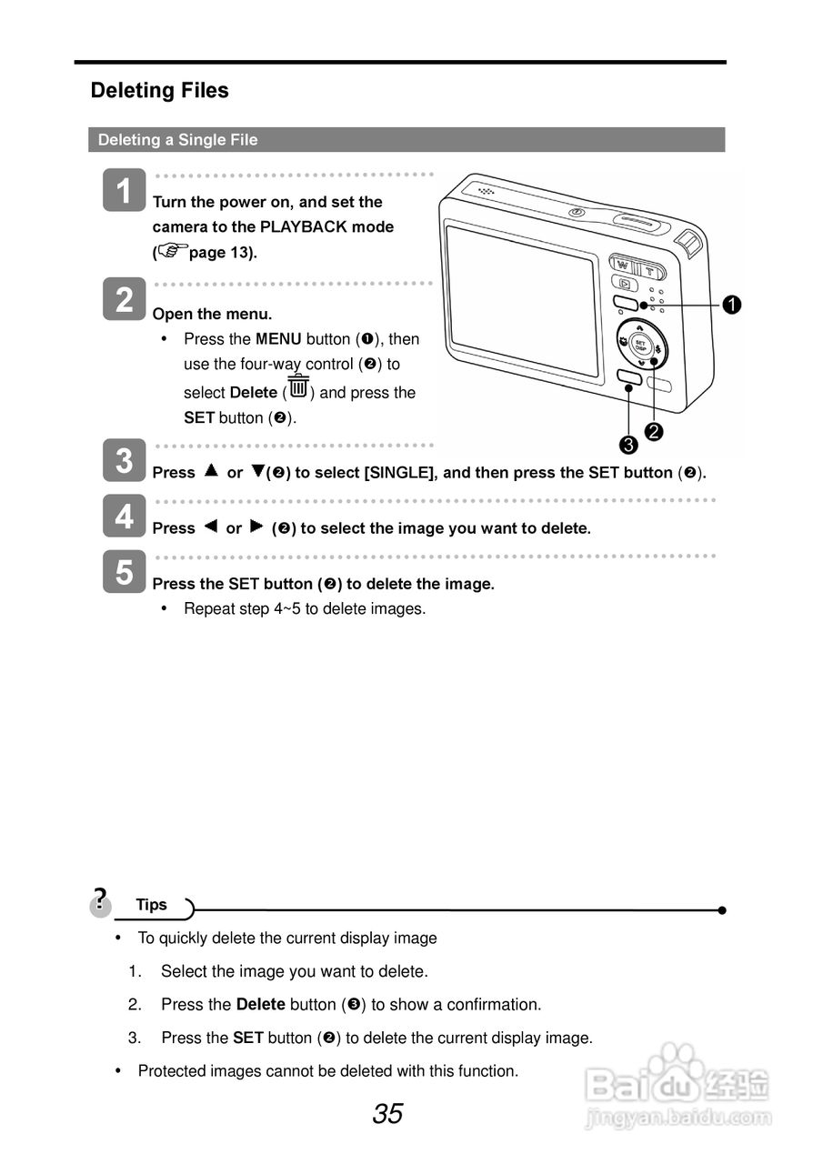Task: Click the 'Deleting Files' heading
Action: [159, 91]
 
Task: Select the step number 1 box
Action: [124, 190]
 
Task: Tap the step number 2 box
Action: [124, 299]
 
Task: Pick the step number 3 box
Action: [124, 461]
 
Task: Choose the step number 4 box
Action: [124, 517]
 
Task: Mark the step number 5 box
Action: [124, 572]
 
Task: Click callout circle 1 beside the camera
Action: [731, 306]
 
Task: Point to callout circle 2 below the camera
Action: [653, 430]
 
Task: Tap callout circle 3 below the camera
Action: [627, 444]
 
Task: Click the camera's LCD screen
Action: [522, 300]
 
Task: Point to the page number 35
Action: [387, 1114]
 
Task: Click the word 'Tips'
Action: [152, 905]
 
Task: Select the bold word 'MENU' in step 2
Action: [278, 339]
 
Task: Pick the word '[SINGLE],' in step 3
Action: [400, 473]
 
